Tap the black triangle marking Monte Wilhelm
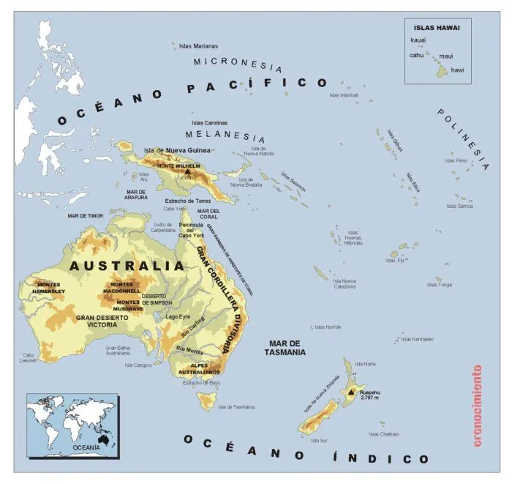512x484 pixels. (177, 171)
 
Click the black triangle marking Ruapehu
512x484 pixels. (351, 392)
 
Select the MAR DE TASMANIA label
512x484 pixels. (285, 348)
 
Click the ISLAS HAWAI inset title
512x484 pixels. (434, 27)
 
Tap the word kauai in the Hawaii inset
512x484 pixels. (418, 40)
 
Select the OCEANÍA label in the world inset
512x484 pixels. (86, 445)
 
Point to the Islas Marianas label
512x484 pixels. (198, 45)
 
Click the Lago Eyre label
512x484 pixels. (179, 317)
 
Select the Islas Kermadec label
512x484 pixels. (418, 339)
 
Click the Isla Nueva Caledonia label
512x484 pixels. (344, 283)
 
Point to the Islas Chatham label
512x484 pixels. (384, 434)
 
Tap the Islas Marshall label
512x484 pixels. (344, 95)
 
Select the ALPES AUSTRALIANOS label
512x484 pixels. (200, 368)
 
